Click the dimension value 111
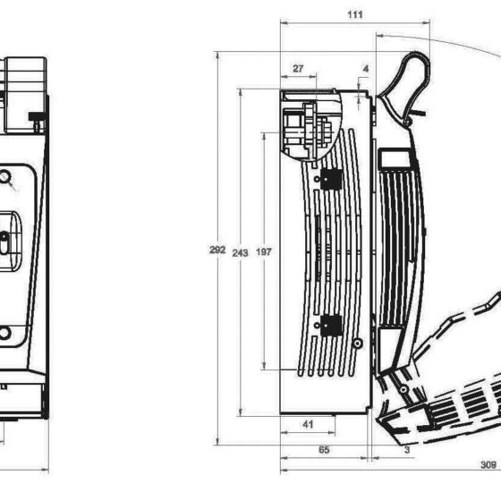point(355,14)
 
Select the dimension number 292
point(217,250)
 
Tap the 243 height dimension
point(240,253)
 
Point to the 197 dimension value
point(264,252)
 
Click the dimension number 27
point(298,69)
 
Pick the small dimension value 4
point(366,69)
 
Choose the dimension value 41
point(308,424)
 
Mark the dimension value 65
point(324,450)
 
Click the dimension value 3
point(407,450)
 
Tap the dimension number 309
point(488,464)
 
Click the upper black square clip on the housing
point(331,179)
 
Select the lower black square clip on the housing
point(331,326)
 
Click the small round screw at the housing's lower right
point(358,344)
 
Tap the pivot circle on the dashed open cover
point(403,389)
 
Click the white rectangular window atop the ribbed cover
point(395,159)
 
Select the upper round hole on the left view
point(4,177)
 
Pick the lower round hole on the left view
point(4,333)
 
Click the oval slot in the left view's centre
point(4,243)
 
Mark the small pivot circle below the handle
point(407,122)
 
